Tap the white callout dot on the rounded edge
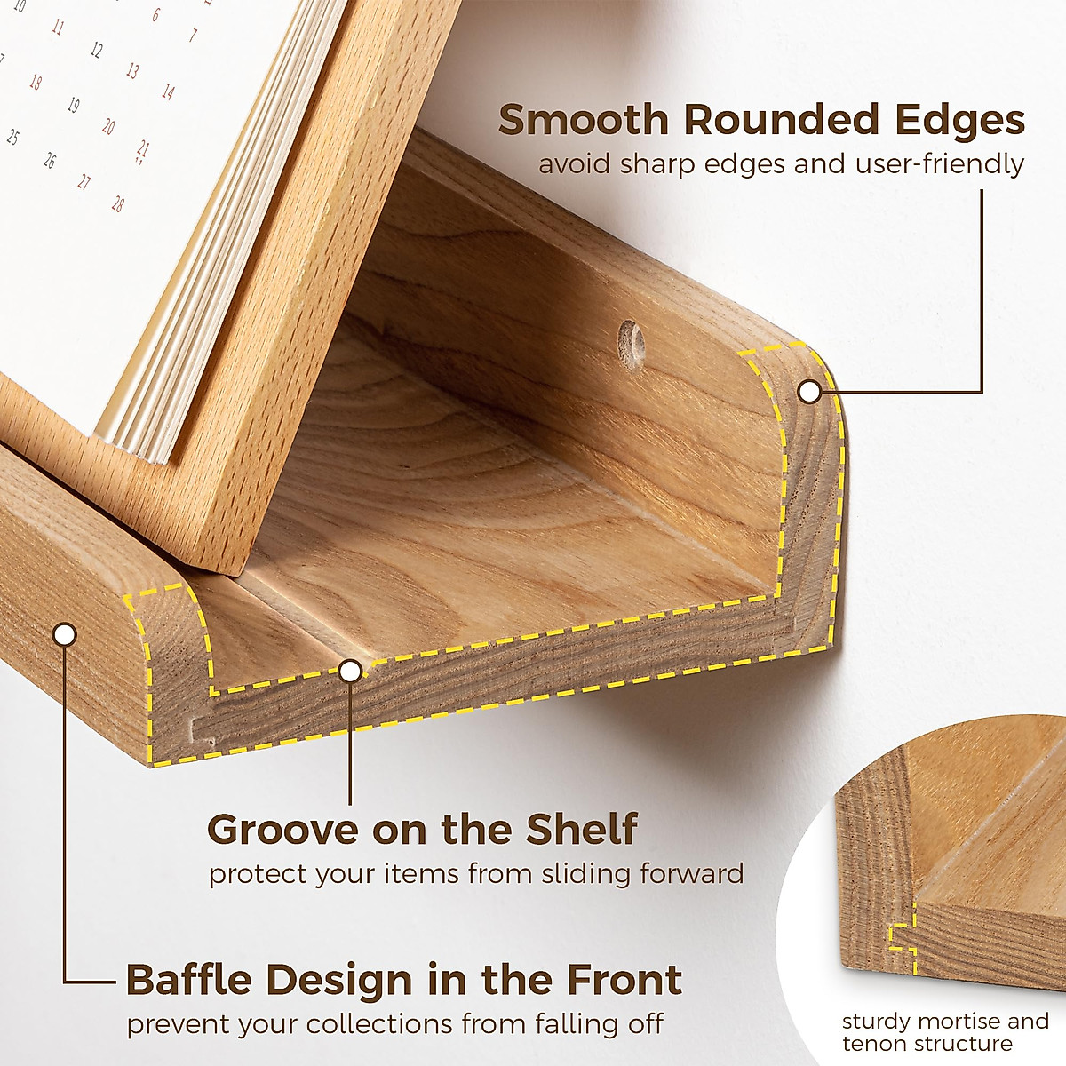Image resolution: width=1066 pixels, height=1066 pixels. click(807, 391)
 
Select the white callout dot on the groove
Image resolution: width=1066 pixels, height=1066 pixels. click(351, 671)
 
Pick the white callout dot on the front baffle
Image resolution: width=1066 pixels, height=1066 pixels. click(64, 634)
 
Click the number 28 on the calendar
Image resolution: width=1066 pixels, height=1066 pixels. click(117, 204)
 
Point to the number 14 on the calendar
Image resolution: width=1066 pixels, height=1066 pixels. click(168, 91)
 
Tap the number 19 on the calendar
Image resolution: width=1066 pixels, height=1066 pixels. click(73, 106)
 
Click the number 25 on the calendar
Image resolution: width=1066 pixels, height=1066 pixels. click(12, 138)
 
